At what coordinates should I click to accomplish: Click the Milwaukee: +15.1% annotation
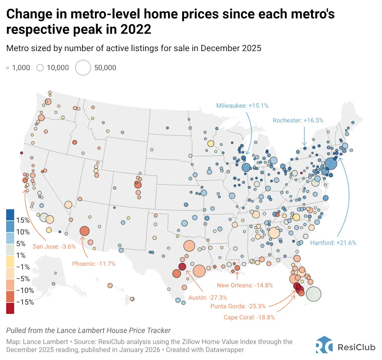tap(242, 106)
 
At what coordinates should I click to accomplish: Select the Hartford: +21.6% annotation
tap(333, 243)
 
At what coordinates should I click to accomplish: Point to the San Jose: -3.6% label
tap(54, 246)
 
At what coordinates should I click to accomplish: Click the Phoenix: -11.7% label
tap(94, 263)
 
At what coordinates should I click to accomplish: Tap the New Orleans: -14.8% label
tap(245, 285)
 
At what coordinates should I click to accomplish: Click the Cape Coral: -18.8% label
tap(249, 317)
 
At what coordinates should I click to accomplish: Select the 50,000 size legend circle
tap(83, 68)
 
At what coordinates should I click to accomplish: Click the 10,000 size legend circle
tap(40, 68)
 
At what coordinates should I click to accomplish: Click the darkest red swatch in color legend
tap(10, 308)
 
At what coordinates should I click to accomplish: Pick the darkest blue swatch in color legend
tap(10, 215)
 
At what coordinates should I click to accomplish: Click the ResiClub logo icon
tap(324, 345)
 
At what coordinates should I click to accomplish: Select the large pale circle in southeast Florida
tap(313, 294)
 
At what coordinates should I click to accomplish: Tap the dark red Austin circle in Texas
tap(182, 266)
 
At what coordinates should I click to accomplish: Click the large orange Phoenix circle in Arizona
tap(84, 231)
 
